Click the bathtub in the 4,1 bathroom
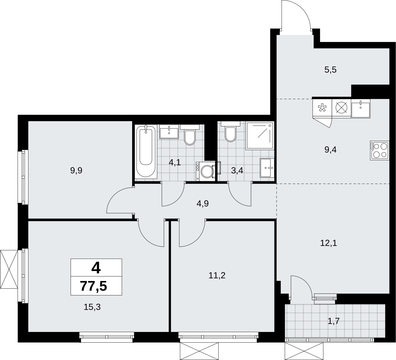click(x=146, y=152)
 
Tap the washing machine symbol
click(x=206, y=171)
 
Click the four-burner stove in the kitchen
click(x=379, y=150)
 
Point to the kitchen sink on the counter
click(x=361, y=108)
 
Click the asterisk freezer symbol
click(x=322, y=108)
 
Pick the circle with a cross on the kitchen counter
click(x=341, y=108)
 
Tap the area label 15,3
click(x=92, y=307)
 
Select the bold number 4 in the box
click(x=96, y=268)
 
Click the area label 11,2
click(x=217, y=275)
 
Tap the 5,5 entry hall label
click(x=330, y=70)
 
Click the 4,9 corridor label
click(x=203, y=204)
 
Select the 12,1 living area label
click(x=328, y=243)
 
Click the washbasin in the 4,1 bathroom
click(x=169, y=132)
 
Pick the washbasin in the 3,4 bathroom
click(x=267, y=168)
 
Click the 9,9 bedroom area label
click(x=76, y=170)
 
